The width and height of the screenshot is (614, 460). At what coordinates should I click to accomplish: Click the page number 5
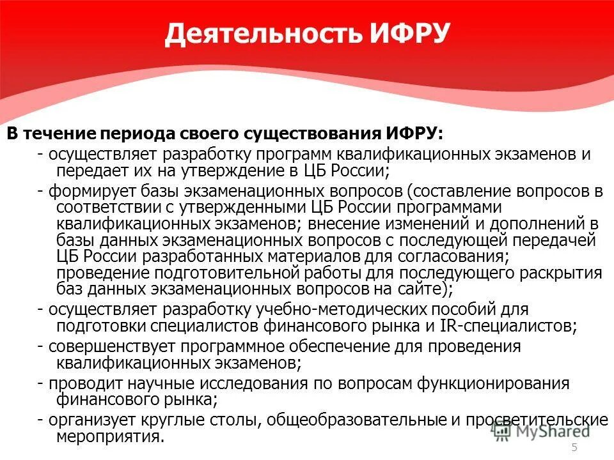[x=574, y=447]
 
